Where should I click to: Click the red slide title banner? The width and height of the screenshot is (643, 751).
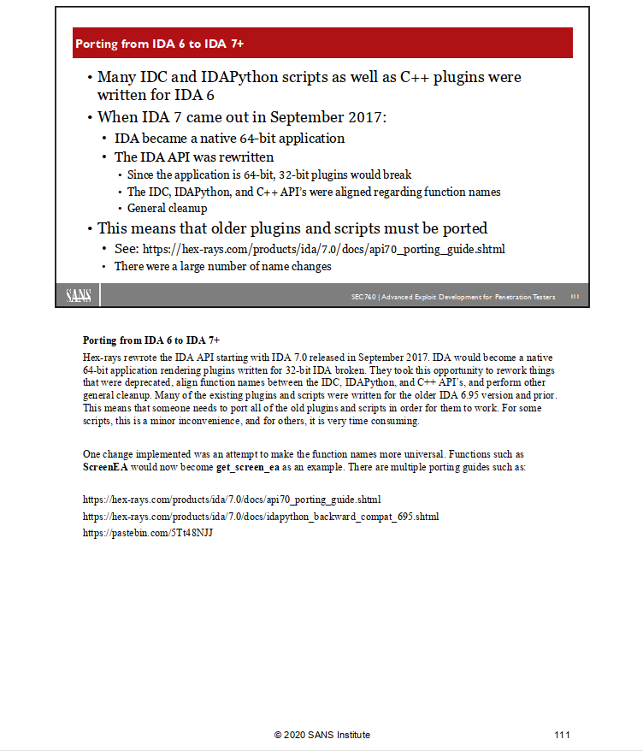(x=322, y=43)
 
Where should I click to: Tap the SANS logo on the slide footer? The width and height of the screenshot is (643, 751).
(x=83, y=296)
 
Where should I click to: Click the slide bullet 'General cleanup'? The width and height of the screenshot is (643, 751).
(x=168, y=208)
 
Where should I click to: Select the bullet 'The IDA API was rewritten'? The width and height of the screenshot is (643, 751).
(x=194, y=157)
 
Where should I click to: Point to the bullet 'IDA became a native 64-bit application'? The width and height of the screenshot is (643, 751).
(x=229, y=138)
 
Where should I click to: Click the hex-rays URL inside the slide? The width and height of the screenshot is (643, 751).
(x=324, y=249)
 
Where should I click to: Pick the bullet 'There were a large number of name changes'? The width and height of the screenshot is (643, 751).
(x=222, y=266)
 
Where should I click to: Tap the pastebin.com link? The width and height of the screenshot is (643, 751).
(x=147, y=533)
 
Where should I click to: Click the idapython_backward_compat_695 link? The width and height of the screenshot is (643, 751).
(x=261, y=517)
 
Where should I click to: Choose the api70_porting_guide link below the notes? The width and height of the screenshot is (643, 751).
(x=232, y=500)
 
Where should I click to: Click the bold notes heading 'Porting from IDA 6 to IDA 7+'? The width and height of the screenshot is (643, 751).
(x=151, y=340)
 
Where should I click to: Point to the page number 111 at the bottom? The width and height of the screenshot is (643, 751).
(x=562, y=735)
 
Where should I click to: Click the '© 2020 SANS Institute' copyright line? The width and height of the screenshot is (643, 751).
(x=321, y=735)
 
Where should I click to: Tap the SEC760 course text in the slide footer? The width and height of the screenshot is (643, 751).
(x=453, y=298)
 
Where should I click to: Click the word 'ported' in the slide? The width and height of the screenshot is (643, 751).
(x=463, y=228)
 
